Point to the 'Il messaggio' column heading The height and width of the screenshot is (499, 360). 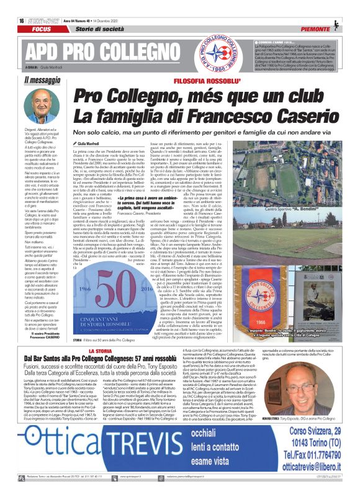pos(43,79)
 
